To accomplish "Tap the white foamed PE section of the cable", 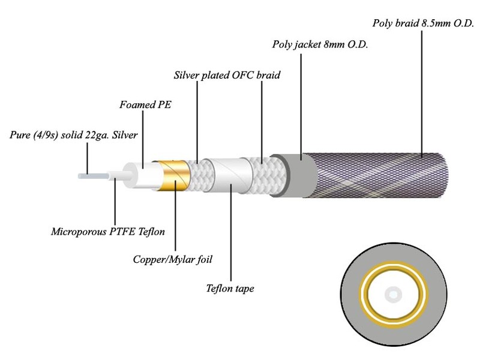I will point(141,175).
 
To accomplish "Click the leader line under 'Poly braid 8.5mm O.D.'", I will point(423,90).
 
